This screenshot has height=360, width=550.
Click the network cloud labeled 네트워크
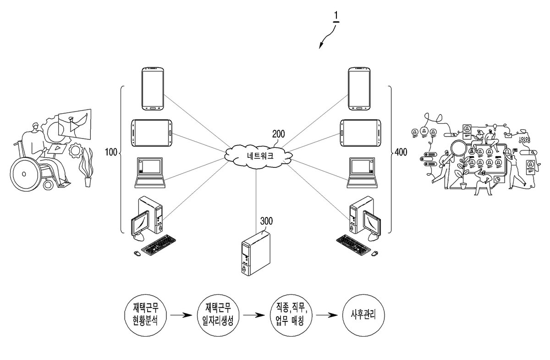[258, 156]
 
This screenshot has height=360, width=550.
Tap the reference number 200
[279, 134]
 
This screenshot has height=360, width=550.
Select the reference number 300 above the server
[266, 221]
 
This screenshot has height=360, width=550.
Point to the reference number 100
[111, 152]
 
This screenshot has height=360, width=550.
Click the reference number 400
[401, 152]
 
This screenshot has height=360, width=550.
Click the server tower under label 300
[256, 253]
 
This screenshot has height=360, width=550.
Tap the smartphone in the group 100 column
[153, 89]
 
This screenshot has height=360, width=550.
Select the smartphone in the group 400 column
[359, 89]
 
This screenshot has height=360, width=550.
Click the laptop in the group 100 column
[150, 173]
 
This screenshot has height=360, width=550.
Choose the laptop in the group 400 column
[362, 173]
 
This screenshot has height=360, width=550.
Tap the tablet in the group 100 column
[152, 133]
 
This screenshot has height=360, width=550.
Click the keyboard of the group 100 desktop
[159, 244]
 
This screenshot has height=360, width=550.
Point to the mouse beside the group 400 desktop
[374, 253]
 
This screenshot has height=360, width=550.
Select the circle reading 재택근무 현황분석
[146, 315]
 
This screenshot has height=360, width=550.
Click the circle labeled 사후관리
[363, 315]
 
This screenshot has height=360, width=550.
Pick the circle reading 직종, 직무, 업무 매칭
[291, 315]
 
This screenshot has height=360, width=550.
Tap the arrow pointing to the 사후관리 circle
[327, 315]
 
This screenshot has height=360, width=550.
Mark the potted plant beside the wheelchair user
[87, 167]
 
